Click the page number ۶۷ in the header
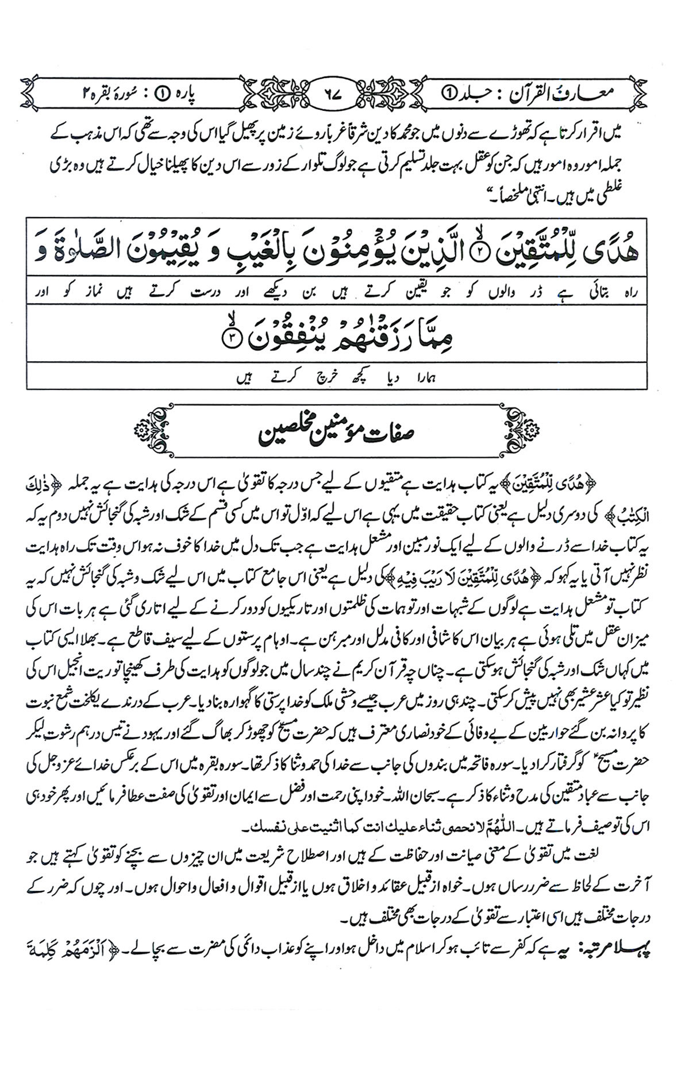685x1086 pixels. point(341,92)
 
